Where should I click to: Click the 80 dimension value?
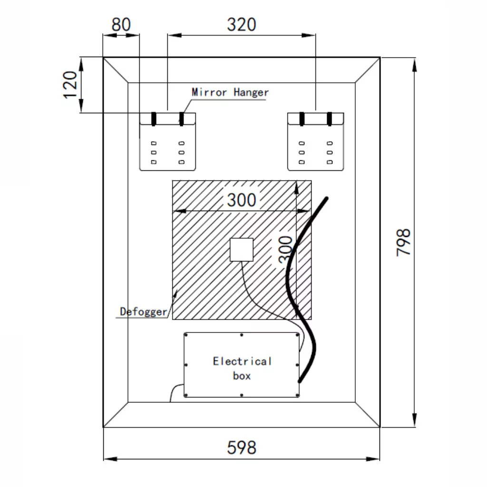pos(121,24)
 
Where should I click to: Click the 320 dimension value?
pos(241,24)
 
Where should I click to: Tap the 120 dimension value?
pos(70,85)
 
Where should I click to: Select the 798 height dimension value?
pos(403,242)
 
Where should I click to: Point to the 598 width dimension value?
pos(242,448)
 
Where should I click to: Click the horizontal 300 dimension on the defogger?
pos(241,200)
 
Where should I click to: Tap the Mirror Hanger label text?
pos(230,92)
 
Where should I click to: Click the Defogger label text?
pos(143,312)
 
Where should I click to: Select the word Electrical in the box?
pos(242,361)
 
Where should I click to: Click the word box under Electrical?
pos(242,376)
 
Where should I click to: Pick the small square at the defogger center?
pos(242,250)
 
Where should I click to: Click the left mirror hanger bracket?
pos(167,141)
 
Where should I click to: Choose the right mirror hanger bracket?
pos(316,141)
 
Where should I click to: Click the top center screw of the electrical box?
pos(242,335)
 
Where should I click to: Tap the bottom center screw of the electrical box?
pos(242,395)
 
